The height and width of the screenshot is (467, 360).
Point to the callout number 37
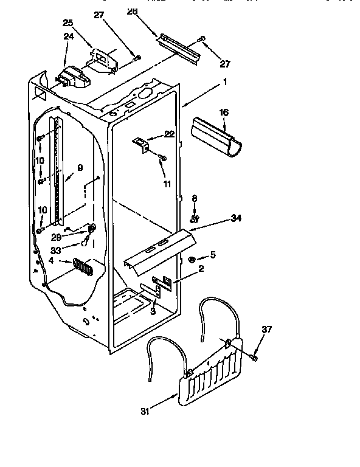pos(267,330)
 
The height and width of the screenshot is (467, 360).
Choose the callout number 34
pos(235,218)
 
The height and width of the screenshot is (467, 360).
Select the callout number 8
pos(195,198)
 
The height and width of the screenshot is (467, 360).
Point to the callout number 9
pos(80,167)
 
